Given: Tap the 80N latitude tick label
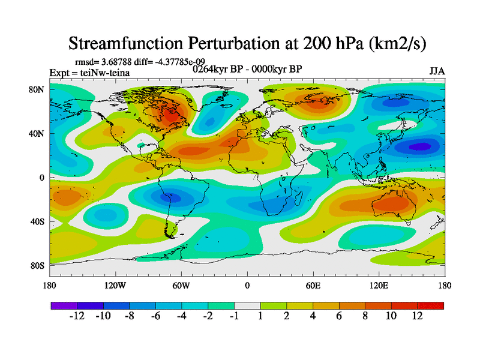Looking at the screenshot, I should pyautogui.click(x=38, y=89).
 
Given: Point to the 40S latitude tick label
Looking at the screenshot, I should pyautogui.click(x=38, y=221).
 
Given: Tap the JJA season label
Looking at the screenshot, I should pyautogui.click(x=437, y=71).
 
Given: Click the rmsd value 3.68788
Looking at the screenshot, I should pyautogui.click(x=121, y=62).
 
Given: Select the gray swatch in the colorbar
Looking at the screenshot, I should pyautogui.click(x=247, y=305).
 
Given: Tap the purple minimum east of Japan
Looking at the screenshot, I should pyautogui.click(x=420, y=146).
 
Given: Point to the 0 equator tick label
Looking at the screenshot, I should pyautogui.click(x=42, y=178).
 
